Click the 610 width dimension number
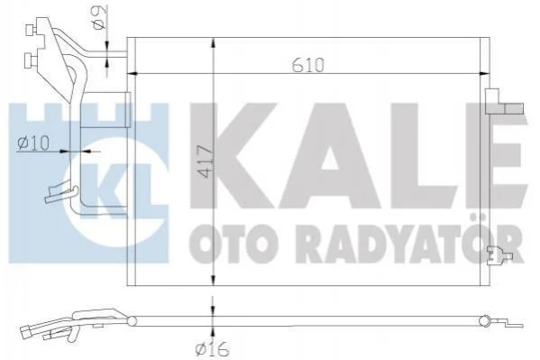(x=308, y=65)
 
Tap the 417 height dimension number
(x=206, y=162)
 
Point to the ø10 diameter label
(x=33, y=143)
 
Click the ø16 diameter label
(x=212, y=349)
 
